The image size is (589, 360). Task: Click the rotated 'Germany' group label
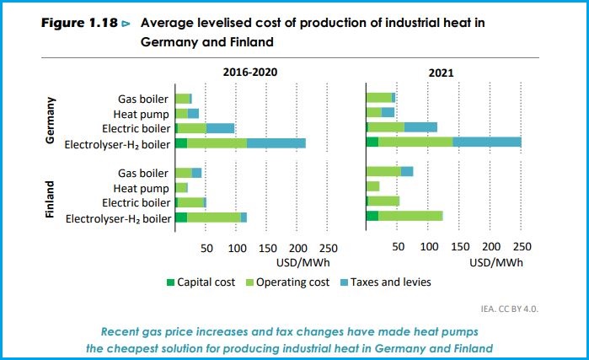point(50,120)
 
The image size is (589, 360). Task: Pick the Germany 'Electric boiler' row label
point(135,128)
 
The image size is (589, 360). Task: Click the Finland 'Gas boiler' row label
point(144,172)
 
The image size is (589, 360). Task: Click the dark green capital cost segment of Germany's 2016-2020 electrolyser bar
point(180,142)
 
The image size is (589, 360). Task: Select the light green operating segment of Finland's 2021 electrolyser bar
point(410,217)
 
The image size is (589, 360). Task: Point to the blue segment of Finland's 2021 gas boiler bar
point(406,172)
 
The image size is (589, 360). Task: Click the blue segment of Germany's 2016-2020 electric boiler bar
point(220,128)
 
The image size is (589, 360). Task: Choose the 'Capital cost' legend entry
point(201,282)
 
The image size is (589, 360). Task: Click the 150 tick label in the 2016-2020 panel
point(267,248)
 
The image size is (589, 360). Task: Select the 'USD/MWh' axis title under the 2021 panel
point(495,261)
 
